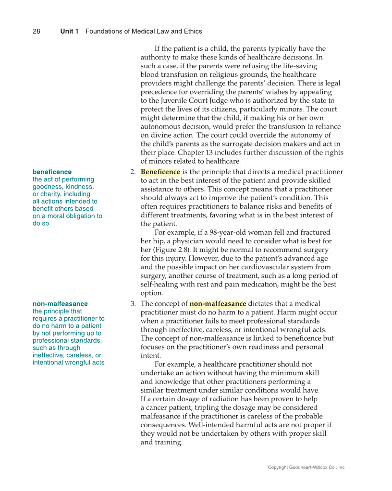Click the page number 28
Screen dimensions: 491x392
click(37, 31)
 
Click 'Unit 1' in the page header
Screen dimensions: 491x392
click(69, 31)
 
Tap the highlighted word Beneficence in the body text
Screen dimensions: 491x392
click(160, 172)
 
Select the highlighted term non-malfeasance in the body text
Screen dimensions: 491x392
click(218, 304)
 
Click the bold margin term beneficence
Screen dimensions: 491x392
click(52, 172)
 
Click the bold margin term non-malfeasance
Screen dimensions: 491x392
click(60, 304)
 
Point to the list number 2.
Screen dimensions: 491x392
click(133, 172)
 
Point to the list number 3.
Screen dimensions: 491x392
click(133, 304)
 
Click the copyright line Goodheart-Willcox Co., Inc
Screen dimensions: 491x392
click(306, 467)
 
